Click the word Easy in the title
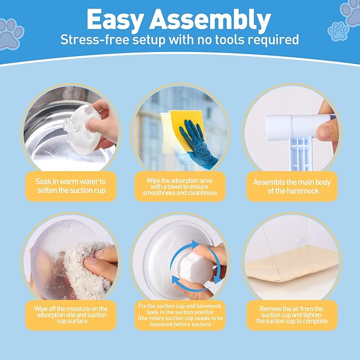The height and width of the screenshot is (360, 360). pos(115,20)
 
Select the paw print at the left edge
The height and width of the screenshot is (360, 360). pos(10,34)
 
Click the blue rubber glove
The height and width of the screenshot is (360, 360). pos(197,145)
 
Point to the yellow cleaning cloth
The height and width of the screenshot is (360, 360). pos(187,131)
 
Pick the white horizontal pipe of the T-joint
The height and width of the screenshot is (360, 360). pos(298,126)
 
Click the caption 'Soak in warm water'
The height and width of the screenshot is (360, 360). pos(71,182)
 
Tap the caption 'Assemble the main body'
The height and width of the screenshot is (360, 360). pos(292,182)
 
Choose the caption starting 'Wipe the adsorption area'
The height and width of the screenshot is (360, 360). pos(180,187)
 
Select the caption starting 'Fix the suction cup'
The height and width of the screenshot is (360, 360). pos(180,315)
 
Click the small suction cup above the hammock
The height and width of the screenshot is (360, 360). pos(302,243)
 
